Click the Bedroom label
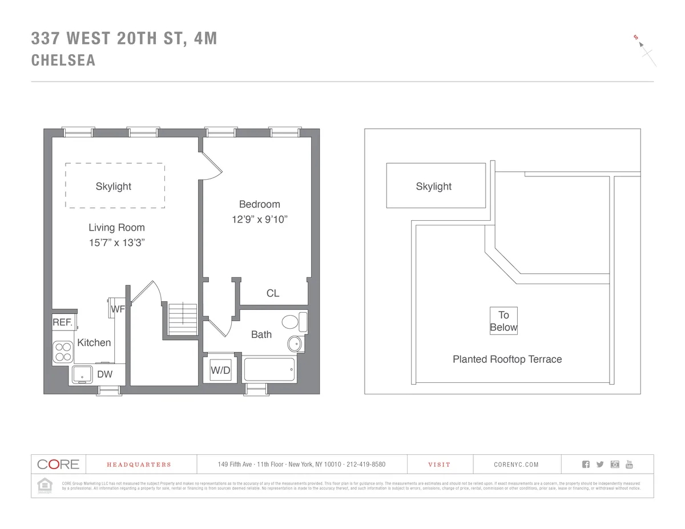pos(259,204)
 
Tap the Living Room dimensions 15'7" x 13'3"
pos(116,243)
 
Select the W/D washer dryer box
pos(220,370)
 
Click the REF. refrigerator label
pos(63,322)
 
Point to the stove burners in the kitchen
pos(63,352)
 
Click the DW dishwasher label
pos(104,374)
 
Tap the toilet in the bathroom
pos(293,322)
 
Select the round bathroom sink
pos(295,344)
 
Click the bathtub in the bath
pos(269,370)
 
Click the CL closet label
pos(273,293)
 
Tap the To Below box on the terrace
pos(503,321)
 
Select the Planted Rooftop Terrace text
pos(507,360)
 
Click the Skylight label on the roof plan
pos(433,187)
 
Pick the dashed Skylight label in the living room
pos(114,187)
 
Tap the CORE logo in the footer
pos(58,464)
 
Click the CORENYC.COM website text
pos(516,465)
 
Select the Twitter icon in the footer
pos(600,464)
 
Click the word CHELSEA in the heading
pos(63,60)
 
